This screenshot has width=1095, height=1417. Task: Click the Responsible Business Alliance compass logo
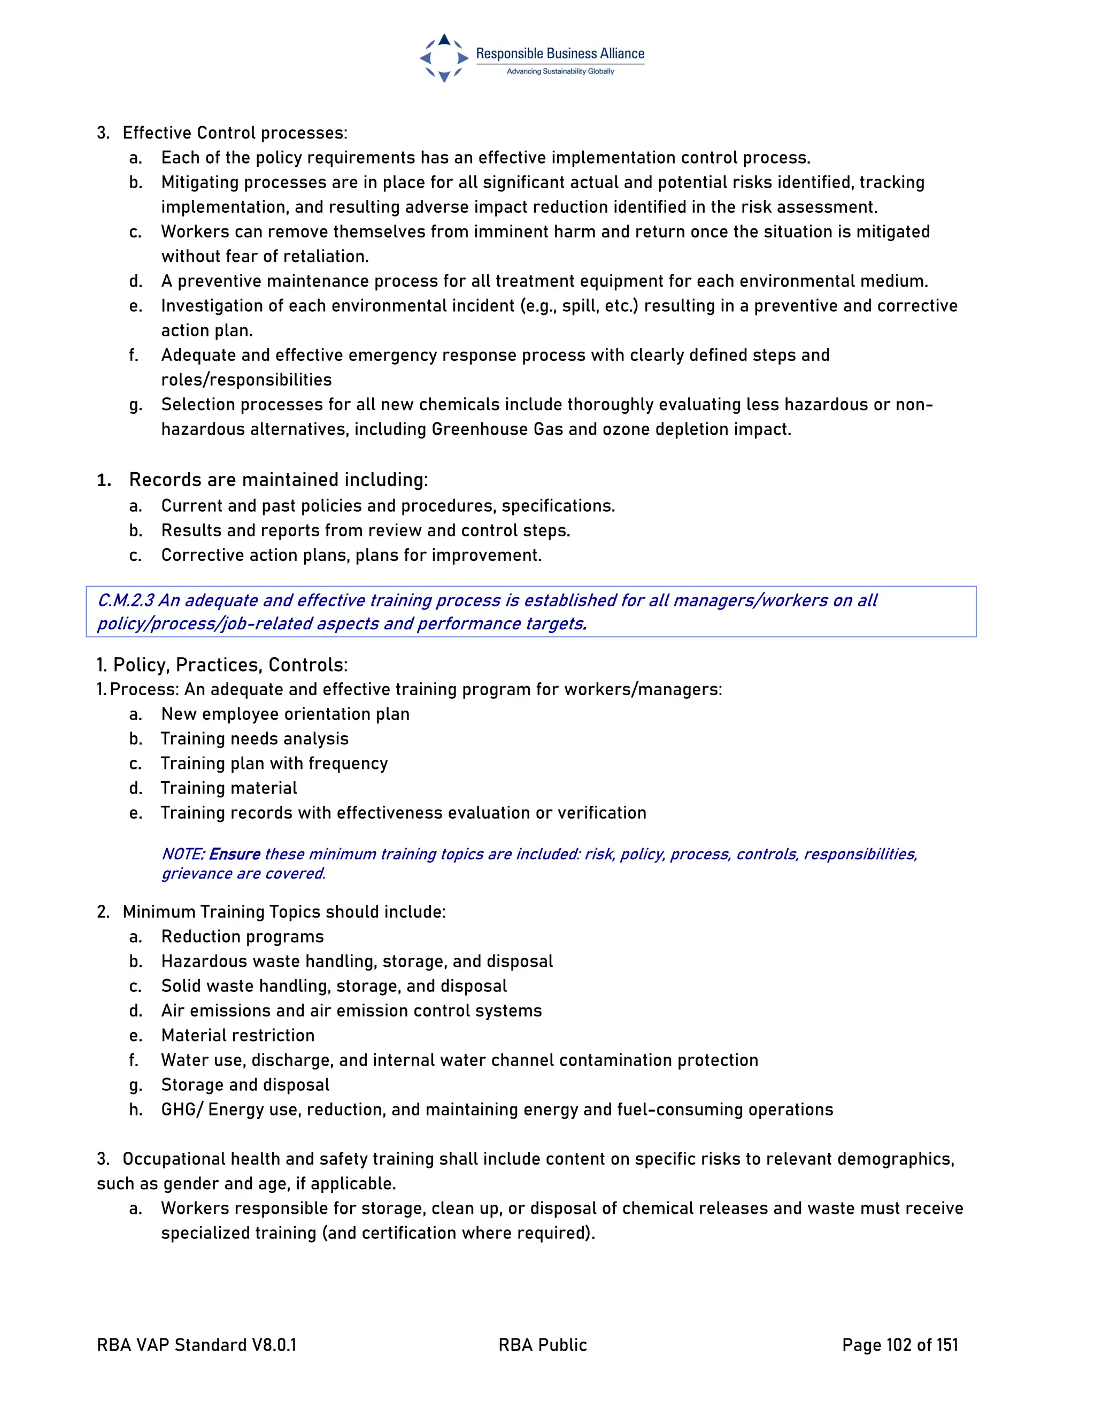[x=444, y=58]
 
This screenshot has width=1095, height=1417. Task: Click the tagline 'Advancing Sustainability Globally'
[x=560, y=71]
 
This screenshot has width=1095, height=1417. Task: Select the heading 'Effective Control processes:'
[x=235, y=133]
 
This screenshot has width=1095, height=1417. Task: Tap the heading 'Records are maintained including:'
[x=278, y=480]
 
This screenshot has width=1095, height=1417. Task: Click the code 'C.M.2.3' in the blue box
[x=125, y=600]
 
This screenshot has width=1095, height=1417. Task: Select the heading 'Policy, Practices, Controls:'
[x=230, y=665]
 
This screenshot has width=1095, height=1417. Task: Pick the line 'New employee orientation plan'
[x=286, y=714]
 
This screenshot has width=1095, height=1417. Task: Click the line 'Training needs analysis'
[x=255, y=739]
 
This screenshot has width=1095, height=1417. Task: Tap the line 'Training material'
[x=229, y=788]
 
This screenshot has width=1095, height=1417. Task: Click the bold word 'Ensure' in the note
[x=234, y=854]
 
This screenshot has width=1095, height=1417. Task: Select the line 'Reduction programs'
[x=243, y=937]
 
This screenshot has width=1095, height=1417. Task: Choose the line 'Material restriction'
[x=237, y=1036]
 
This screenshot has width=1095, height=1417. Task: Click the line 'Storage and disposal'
[x=245, y=1085]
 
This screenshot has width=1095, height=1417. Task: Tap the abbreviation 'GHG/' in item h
[x=182, y=1110]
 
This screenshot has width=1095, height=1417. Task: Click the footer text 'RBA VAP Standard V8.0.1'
[x=197, y=1345]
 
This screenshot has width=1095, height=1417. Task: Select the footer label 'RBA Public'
[x=542, y=1345]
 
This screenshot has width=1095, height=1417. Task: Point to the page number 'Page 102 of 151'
[x=900, y=1345]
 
